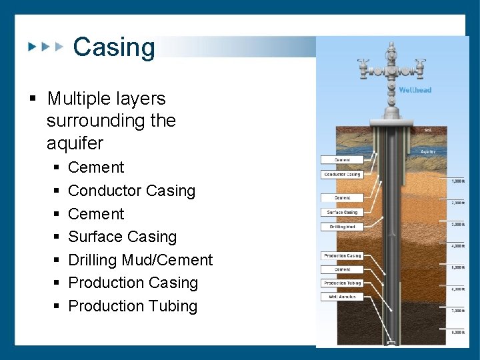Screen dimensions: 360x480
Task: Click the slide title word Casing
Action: click(113, 47)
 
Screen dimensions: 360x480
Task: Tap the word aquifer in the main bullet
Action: click(75, 143)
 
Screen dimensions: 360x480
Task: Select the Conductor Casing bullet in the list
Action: click(131, 191)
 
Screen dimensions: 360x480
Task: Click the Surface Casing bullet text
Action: click(122, 237)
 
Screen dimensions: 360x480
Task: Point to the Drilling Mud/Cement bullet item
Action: click(140, 260)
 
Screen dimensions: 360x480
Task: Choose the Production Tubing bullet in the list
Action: click(133, 306)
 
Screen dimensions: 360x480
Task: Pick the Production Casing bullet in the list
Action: click(133, 283)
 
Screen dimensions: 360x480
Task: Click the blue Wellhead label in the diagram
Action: click(415, 90)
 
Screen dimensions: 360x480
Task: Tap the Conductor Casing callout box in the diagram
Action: click(343, 175)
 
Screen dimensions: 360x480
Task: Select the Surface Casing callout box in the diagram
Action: click(343, 212)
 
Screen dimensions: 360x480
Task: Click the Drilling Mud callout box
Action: click(343, 227)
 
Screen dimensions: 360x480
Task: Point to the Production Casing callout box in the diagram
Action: click(343, 255)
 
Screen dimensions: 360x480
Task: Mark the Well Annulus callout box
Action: click(343, 297)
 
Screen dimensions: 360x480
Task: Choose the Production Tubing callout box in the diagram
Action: click(343, 283)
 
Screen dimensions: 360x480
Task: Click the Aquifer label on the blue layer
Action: click(428, 151)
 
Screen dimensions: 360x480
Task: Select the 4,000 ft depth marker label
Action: click(457, 246)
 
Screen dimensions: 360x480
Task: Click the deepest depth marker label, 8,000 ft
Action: click(457, 331)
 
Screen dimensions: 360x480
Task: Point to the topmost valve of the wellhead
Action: click(391, 48)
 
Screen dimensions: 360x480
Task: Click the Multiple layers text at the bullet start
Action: click(106, 99)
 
